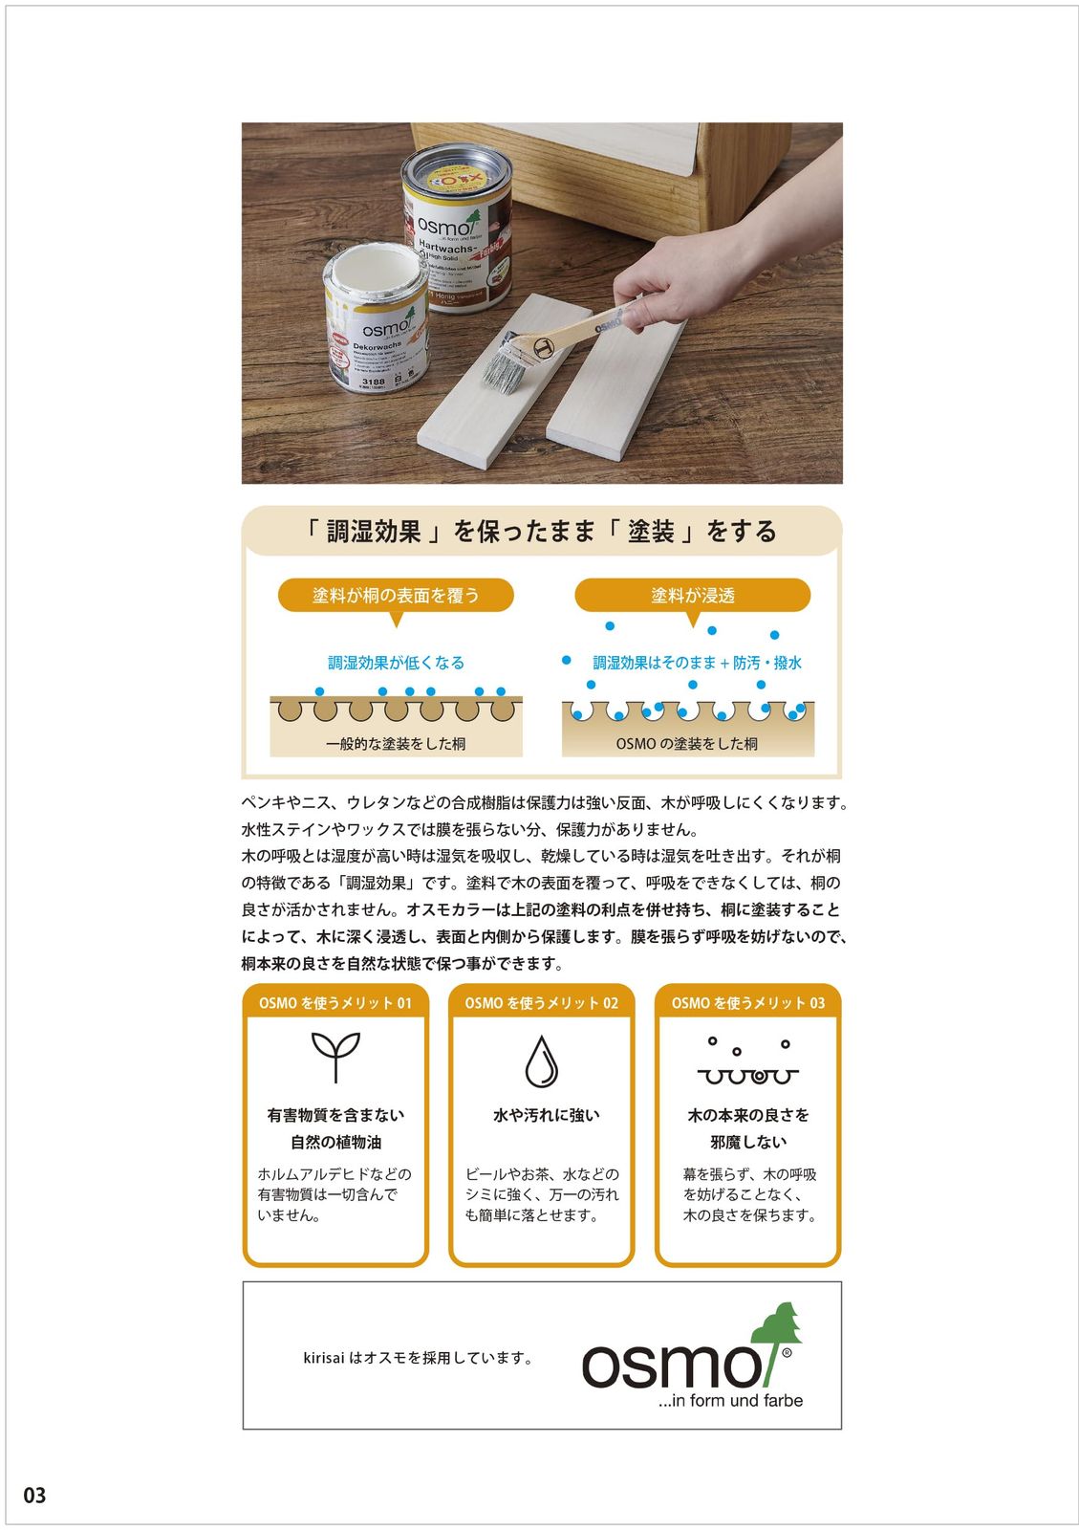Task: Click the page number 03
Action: tap(34, 1496)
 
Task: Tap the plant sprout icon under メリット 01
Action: tap(335, 1056)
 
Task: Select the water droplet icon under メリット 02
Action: tap(541, 1060)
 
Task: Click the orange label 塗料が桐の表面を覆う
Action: tap(396, 596)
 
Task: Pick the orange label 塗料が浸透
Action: tap(693, 596)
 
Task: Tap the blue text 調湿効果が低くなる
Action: tap(396, 662)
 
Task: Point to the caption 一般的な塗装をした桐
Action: tap(396, 743)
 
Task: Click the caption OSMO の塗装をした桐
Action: tap(687, 743)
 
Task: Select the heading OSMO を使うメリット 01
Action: tap(335, 1003)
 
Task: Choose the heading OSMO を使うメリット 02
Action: tap(541, 1003)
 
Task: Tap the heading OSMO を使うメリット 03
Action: tap(747, 1003)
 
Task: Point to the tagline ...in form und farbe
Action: tap(730, 1401)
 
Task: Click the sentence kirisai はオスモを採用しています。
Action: tap(418, 1357)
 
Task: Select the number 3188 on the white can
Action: tap(373, 382)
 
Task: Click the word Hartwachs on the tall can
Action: tap(445, 249)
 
